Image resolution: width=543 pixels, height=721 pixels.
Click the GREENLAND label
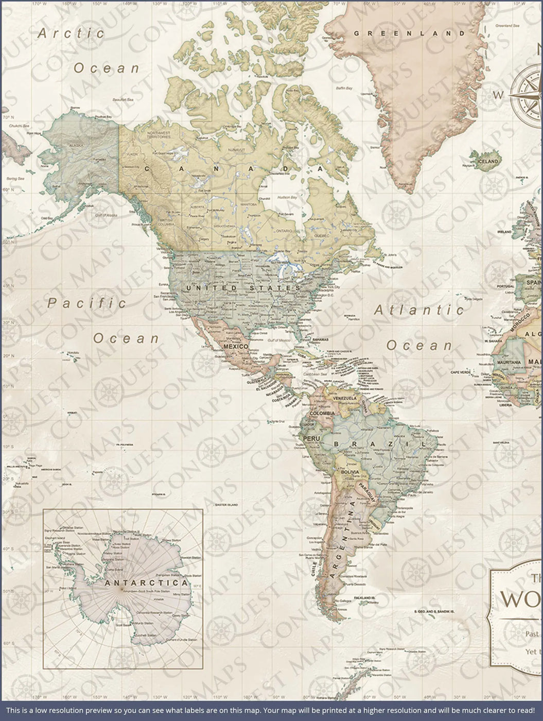click(x=409, y=33)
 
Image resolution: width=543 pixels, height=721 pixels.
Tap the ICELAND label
click(x=487, y=161)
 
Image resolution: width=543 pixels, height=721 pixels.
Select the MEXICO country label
click(x=236, y=347)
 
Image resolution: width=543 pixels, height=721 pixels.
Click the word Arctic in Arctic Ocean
click(x=71, y=33)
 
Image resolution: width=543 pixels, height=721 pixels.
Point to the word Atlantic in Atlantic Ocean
click(x=418, y=310)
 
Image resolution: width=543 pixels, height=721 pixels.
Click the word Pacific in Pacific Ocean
click(x=86, y=303)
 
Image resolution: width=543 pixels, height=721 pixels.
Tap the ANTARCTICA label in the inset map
click(x=146, y=583)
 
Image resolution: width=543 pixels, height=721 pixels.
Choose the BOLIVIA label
click(x=349, y=472)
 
